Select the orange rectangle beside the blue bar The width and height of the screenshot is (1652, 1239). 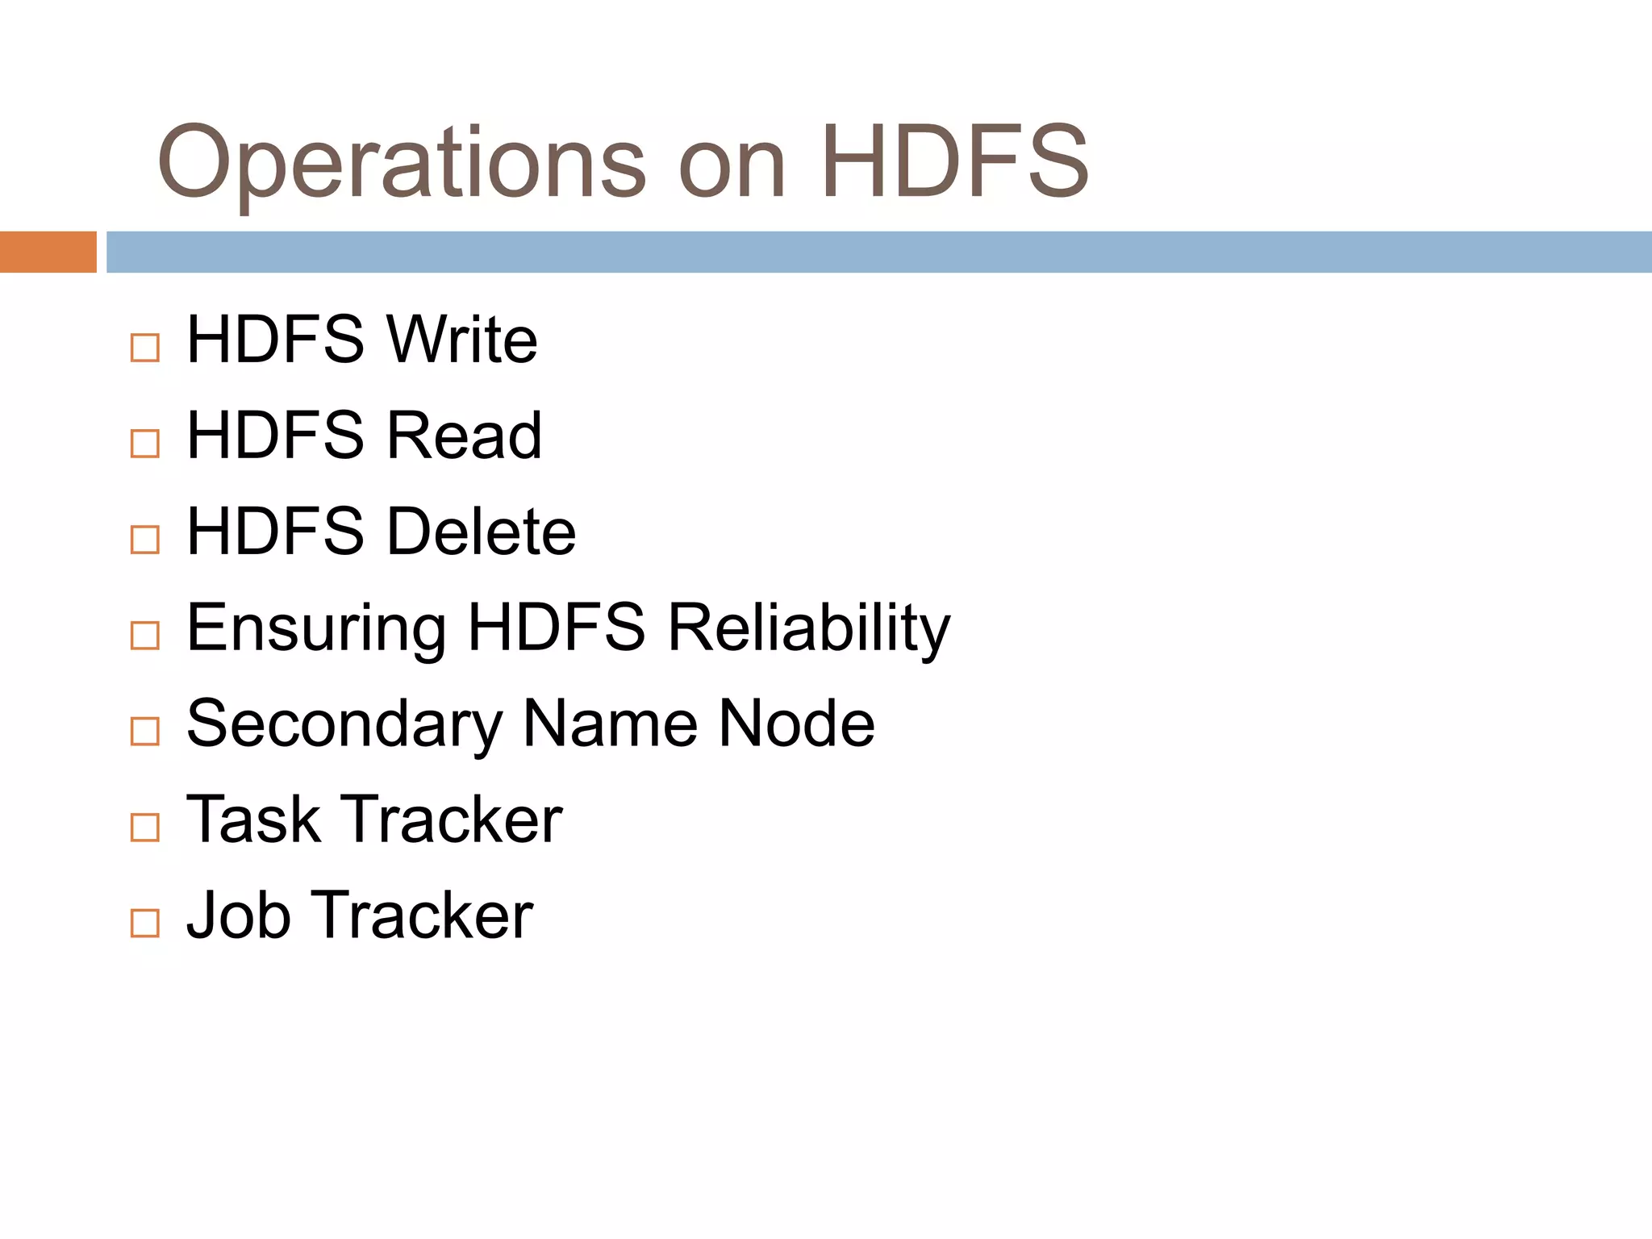[x=48, y=252]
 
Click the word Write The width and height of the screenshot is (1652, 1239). [x=462, y=340]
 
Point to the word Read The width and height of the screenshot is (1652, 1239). [x=465, y=436]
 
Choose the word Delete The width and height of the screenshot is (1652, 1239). [x=482, y=532]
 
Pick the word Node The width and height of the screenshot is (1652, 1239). [x=796, y=724]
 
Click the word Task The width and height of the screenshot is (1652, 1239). [x=252, y=820]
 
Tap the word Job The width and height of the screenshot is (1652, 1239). [x=238, y=916]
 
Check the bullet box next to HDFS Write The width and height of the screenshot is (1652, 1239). [x=145, y=348]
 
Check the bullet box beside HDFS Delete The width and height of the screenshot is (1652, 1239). [x=145, y=540]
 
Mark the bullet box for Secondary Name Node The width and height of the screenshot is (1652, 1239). [x=145, y=732]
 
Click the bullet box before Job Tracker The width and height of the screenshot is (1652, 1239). [x=145, y=923]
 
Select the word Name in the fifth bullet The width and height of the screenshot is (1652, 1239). [x=610, y=724]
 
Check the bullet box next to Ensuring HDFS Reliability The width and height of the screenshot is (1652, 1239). [x=145, y=636]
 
